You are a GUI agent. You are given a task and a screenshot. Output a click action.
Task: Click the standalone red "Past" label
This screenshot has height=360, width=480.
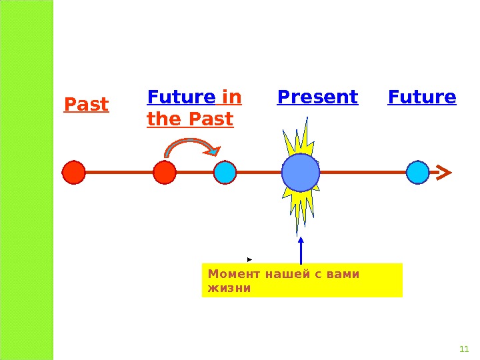(86, 105)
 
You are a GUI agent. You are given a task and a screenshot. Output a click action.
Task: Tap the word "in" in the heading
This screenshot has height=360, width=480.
(231, 98)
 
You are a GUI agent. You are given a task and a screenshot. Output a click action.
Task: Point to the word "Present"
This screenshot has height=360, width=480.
(317, 97)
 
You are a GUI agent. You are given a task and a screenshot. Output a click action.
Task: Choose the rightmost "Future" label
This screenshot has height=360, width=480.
(422, 97)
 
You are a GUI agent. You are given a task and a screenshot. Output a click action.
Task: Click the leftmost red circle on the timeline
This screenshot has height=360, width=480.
(74, 172)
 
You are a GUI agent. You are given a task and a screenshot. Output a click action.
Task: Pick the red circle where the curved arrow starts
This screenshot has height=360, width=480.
(164, 172)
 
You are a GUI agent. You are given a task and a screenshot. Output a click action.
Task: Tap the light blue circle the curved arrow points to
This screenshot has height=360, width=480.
(225, 172)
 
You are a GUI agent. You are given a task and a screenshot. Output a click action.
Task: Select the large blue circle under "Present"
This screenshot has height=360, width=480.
(301, 172)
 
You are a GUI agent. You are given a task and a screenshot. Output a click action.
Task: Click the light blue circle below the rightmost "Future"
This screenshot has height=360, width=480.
(417, 172)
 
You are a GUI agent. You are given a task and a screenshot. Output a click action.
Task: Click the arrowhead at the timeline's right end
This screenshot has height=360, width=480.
(443, 172)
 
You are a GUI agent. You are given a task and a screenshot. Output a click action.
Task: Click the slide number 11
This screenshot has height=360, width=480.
(465, 350)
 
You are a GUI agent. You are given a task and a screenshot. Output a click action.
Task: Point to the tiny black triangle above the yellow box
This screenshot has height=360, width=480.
(249, 258)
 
